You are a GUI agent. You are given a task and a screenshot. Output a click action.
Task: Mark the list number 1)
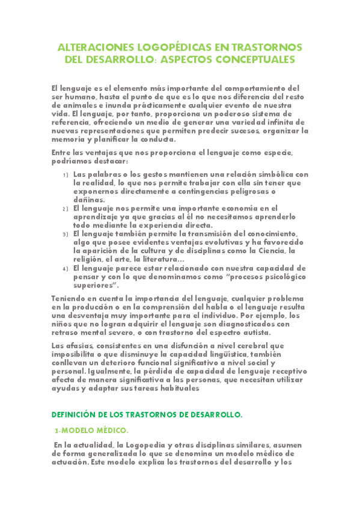point(66,175)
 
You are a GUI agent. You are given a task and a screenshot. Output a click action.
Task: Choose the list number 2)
point(66,208)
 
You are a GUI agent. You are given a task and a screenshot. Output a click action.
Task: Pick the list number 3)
point(66,234)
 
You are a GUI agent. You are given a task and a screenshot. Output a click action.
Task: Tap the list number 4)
point(66,269)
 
